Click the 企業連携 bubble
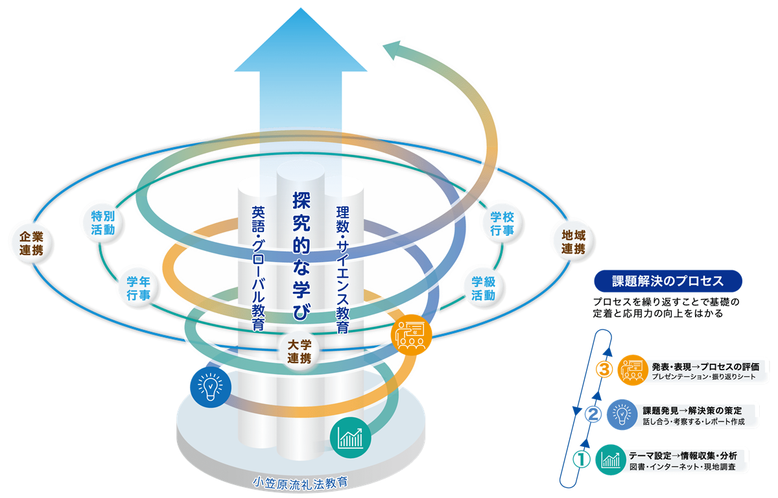[x=32, y=243]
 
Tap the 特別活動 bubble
[x=103, y=222]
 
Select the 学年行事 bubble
[x=139, y=288]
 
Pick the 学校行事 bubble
[x=502, y=224]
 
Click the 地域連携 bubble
[x=573, y=242]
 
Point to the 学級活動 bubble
[x=484, y=289]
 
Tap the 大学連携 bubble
[x=300, y=351]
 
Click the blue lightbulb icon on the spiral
[x=211, y=387]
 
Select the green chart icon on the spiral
[x=351, y=437]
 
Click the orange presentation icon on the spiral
[x=411, y=335]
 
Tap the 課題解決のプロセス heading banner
[x=668, y=281]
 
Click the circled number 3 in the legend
[x=604, y=370]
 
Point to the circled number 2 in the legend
[x=593, y=414]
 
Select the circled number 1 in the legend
[x=581, y=459]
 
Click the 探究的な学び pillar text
[x=301, y=256]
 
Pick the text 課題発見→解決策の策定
[x=692, y=411]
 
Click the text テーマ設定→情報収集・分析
[x=683, y=456]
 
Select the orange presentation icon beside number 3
[x=633, y=370]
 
